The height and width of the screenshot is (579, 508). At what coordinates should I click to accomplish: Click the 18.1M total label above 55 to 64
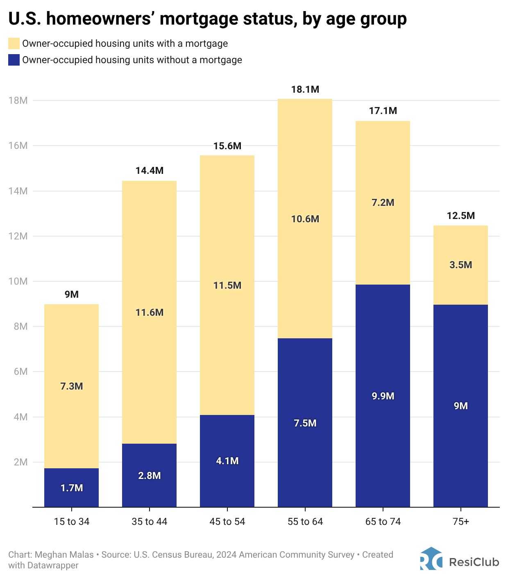point(305,89)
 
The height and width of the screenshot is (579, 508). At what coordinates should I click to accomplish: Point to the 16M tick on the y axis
point(18,146)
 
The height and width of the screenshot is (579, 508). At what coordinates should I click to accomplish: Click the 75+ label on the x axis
point(460,522)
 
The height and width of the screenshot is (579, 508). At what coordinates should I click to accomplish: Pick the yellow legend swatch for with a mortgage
point(14,43)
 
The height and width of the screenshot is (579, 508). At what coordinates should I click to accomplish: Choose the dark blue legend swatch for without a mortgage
point(14,60)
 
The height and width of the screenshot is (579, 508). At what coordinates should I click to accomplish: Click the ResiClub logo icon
point(431,559)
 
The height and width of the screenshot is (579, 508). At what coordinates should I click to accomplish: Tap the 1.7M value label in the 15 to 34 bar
point(72,488)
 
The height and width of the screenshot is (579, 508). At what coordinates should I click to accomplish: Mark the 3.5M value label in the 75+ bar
point(460,265)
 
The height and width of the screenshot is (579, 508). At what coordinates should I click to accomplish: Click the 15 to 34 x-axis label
point(72,522)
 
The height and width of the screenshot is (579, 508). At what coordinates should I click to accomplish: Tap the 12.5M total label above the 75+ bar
point(460,216)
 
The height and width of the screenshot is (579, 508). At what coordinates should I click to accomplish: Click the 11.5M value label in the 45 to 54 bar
point(227,285)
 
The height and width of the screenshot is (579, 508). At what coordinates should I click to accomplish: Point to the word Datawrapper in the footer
point(53,565)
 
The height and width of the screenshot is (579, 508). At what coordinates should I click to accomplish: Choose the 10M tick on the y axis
point(18,281)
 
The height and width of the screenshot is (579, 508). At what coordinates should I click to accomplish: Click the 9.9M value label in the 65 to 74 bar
point(383,396)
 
